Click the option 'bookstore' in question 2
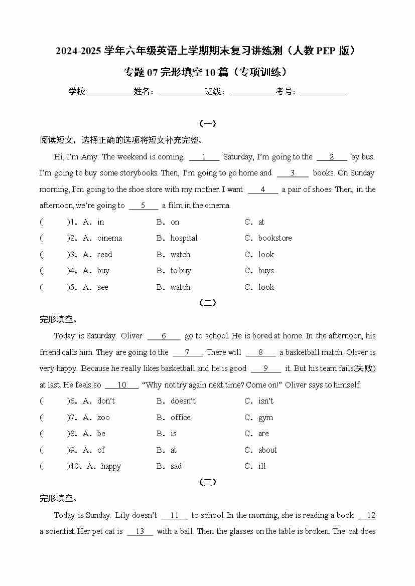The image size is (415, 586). coord(274,238)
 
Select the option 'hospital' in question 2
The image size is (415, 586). coord(184,238)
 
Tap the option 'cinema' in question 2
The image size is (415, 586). coord(109,238)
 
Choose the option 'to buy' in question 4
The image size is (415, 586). coord(181,271)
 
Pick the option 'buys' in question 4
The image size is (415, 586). coord(266,271)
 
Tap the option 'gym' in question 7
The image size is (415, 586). coord(265,418)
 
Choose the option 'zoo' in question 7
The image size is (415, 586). coord(103,418)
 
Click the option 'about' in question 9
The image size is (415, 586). coord(267,450)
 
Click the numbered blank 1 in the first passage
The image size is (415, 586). coord(204,157)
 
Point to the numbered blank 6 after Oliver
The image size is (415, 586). coord(164,336)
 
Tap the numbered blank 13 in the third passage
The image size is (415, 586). coord(140,532)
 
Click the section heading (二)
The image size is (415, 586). coord(208,303)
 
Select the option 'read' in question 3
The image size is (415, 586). coord(104,255)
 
